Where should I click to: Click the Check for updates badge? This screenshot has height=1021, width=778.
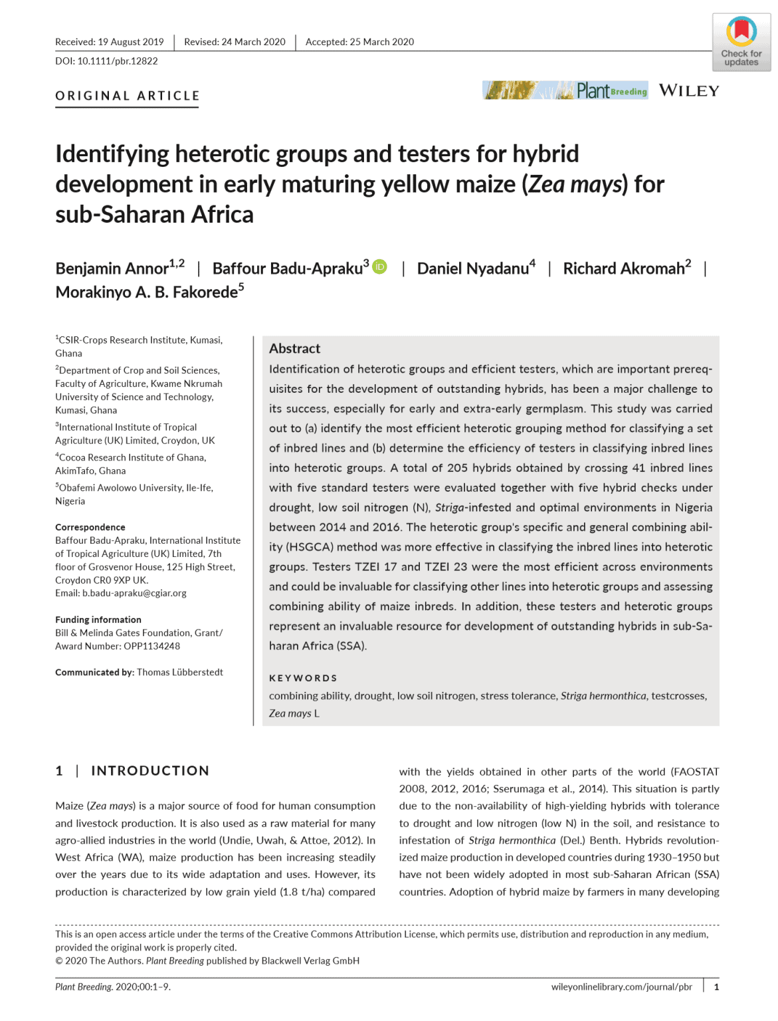tap(741, 42)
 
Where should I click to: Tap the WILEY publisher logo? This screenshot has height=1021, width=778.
tap(689, 91)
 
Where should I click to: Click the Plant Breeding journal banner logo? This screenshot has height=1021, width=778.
tap(565, 90)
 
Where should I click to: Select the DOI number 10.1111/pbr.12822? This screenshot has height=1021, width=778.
tap(118, 61)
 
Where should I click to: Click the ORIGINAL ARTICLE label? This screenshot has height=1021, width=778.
tap(127, 96)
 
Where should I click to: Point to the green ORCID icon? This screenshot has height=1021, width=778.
tap(379, 267)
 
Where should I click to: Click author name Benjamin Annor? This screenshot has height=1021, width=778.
tap(112, 269)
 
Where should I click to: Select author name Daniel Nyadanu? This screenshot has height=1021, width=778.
tap(472, 269)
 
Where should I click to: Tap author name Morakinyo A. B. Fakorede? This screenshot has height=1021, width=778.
tap(146, 292)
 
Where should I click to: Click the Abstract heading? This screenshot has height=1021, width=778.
tap(294, 349)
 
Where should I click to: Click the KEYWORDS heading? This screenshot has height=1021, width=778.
tap(303, 678)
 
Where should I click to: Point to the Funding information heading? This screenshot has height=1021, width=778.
tap(98, 620)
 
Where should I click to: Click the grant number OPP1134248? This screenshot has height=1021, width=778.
tap(151, 646)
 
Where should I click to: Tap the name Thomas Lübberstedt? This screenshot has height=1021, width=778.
tap(180, 672)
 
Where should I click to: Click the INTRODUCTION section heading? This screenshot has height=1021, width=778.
tap(150, 770)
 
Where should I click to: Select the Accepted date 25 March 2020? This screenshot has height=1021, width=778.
tap(381, 42)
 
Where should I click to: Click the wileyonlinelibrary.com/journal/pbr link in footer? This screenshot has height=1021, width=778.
tap(621, 987)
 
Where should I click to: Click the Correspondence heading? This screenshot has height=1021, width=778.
tap(90, 527)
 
